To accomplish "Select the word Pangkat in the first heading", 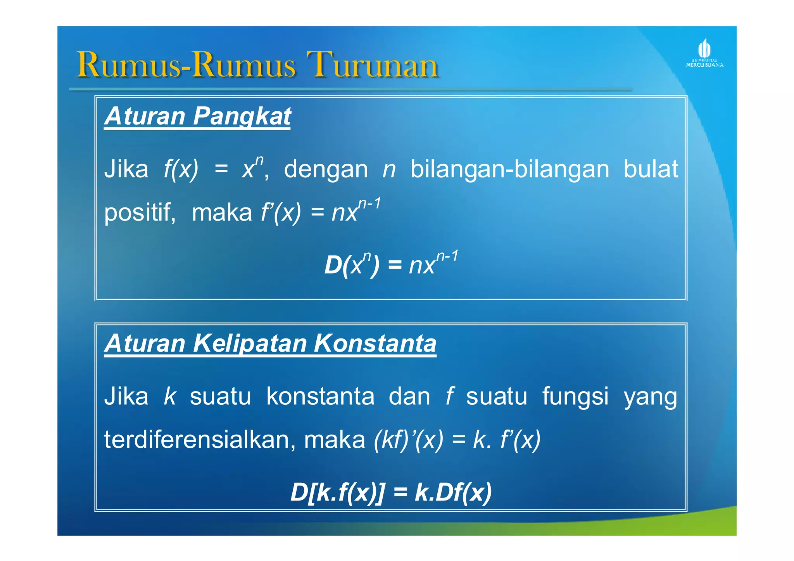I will [x=242, y=116].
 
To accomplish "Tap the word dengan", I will [x=326, y=169].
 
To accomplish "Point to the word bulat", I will [x=651, y=169].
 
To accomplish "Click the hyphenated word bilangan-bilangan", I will [x=509, y=169].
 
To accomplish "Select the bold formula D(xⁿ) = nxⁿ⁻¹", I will [x=391, y=264].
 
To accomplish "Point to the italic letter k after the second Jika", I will [x=170, y=396].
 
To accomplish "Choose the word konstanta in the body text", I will [x=320, y=396].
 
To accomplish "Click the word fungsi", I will [x=575, y=397].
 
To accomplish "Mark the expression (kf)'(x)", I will [x=408, y=440].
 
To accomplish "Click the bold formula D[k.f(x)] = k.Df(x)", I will [x=391, y=493].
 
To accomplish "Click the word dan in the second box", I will [x=409, y=396].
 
